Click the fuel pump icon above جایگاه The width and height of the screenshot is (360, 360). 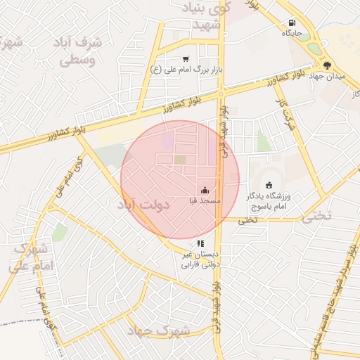[x=292, y=22]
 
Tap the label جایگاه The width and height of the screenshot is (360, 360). [x=292, y=33]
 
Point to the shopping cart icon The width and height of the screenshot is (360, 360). [x=185, y=59]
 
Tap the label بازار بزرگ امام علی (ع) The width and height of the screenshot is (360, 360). [x=184, y=70]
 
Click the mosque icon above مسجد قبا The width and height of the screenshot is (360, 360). [x=205, y=190]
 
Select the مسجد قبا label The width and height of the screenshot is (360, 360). [x=205, y=201]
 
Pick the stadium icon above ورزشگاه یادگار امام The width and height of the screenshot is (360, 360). [x=269, y=184]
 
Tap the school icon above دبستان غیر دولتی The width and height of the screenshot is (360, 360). [x=201, y=243]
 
